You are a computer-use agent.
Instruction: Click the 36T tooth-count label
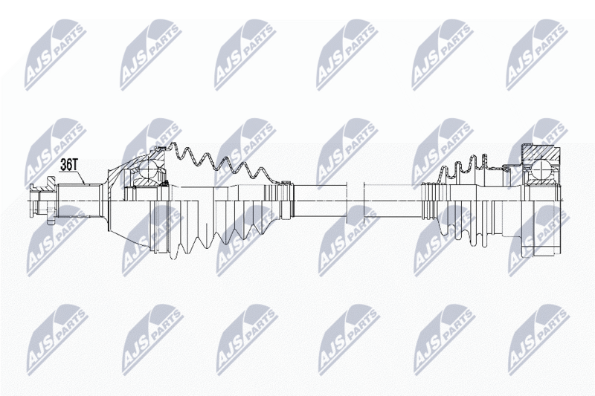tap(69, 165)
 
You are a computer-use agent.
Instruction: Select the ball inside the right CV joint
tap(541, 169)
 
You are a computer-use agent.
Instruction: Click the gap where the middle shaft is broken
tap(356, 201)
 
